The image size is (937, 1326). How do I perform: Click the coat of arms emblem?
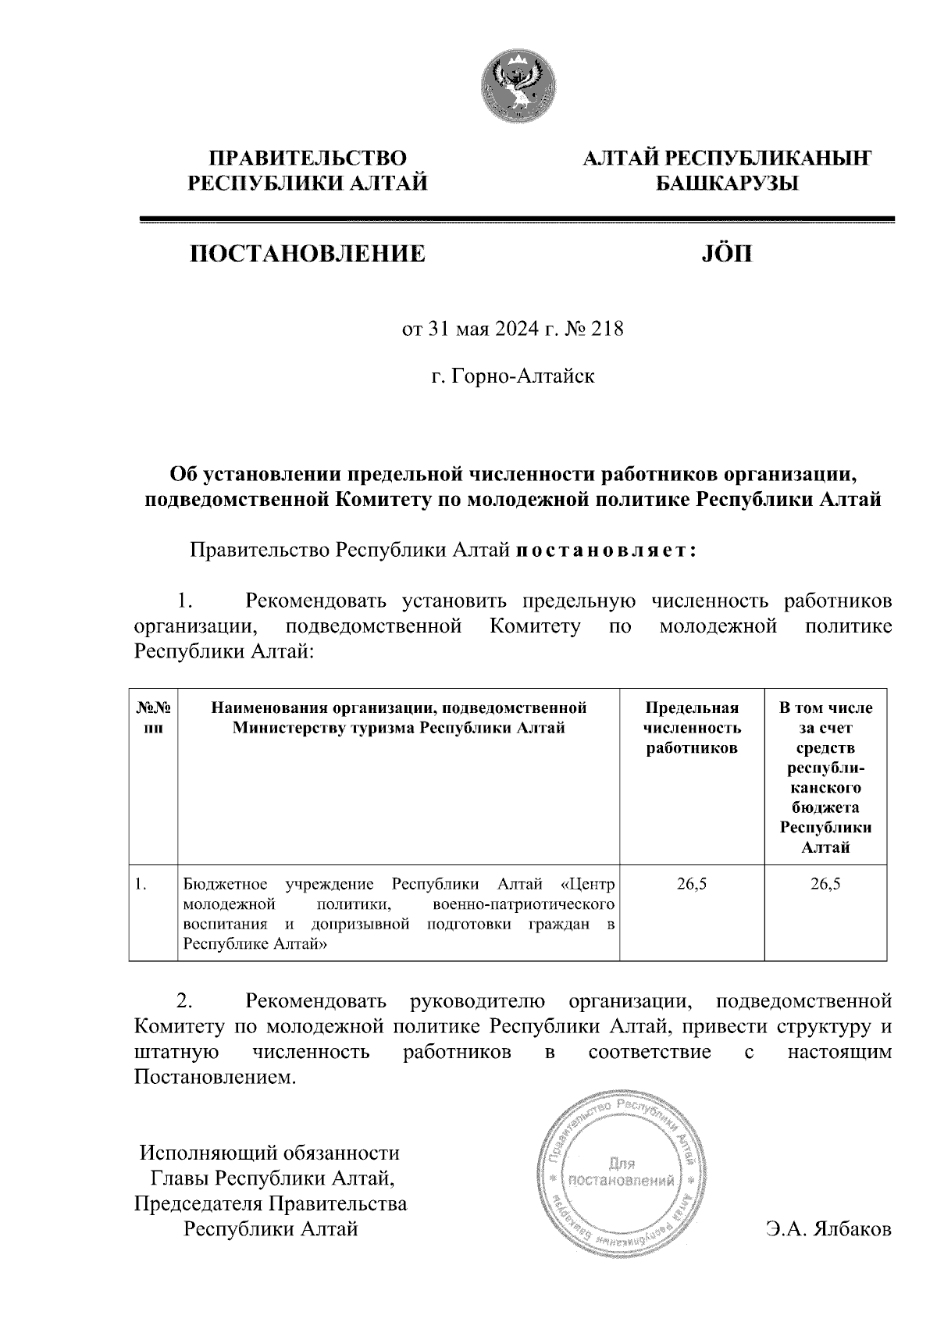point(518,85)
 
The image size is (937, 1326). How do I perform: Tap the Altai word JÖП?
point(724,253)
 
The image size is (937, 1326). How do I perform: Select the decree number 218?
point(608,330)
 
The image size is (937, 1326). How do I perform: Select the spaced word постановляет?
point(604,551)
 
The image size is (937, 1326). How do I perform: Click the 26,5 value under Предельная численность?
point(692,884)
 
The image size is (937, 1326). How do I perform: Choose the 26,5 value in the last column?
point(825,884)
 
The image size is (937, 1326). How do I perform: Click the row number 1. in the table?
point(141,884)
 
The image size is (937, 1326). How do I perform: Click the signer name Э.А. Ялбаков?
point(828,1229)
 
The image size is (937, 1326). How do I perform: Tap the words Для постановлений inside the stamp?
point(622,1171)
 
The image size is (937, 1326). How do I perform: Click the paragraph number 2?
point(185,1001)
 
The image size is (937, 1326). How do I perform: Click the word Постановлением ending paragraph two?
point(216,1078)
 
